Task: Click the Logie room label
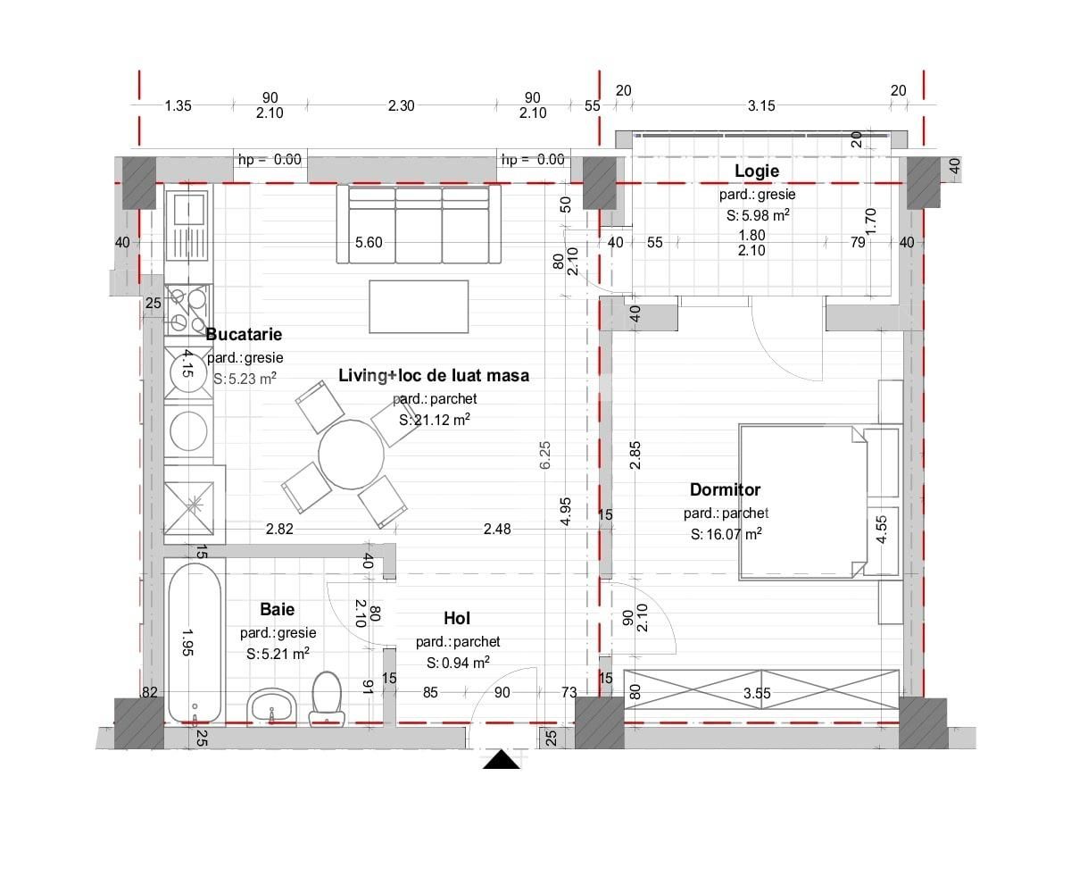757,171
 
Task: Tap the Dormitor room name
725,489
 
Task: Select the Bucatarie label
244,335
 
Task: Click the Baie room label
277,609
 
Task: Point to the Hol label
456,619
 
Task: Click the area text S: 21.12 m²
435,420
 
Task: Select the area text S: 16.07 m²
726,534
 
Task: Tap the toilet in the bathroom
327,698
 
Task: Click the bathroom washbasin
270,707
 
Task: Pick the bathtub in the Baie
195,644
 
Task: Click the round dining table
352,455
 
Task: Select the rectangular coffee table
419,306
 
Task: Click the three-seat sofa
419,224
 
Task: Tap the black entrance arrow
501,760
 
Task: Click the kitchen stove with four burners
188,310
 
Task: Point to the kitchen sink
188,227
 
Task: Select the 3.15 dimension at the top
761,105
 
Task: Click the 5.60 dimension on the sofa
369,242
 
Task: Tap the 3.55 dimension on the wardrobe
757,693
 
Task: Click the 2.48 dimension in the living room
497,529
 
